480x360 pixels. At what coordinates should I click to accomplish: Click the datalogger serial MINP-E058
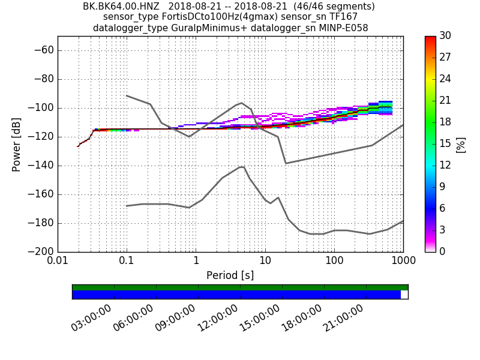[343, 28]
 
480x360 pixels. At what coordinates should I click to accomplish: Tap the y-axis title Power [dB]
[17, 144]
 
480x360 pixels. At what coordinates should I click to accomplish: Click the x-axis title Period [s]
[230, 275]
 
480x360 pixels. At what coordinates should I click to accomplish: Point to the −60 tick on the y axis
[43, 50]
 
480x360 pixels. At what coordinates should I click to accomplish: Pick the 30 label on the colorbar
[446, 36]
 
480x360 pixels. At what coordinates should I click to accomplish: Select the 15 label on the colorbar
[446, 143]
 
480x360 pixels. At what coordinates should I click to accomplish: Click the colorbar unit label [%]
[461, 144]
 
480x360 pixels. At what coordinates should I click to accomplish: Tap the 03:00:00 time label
[91, 318]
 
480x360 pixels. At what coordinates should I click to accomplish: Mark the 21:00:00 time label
[343, 318]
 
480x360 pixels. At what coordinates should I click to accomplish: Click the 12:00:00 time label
[217, 318]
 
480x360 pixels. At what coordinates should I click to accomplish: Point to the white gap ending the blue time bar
[404, 295]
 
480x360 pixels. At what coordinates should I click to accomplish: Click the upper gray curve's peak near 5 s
[241, 103]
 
